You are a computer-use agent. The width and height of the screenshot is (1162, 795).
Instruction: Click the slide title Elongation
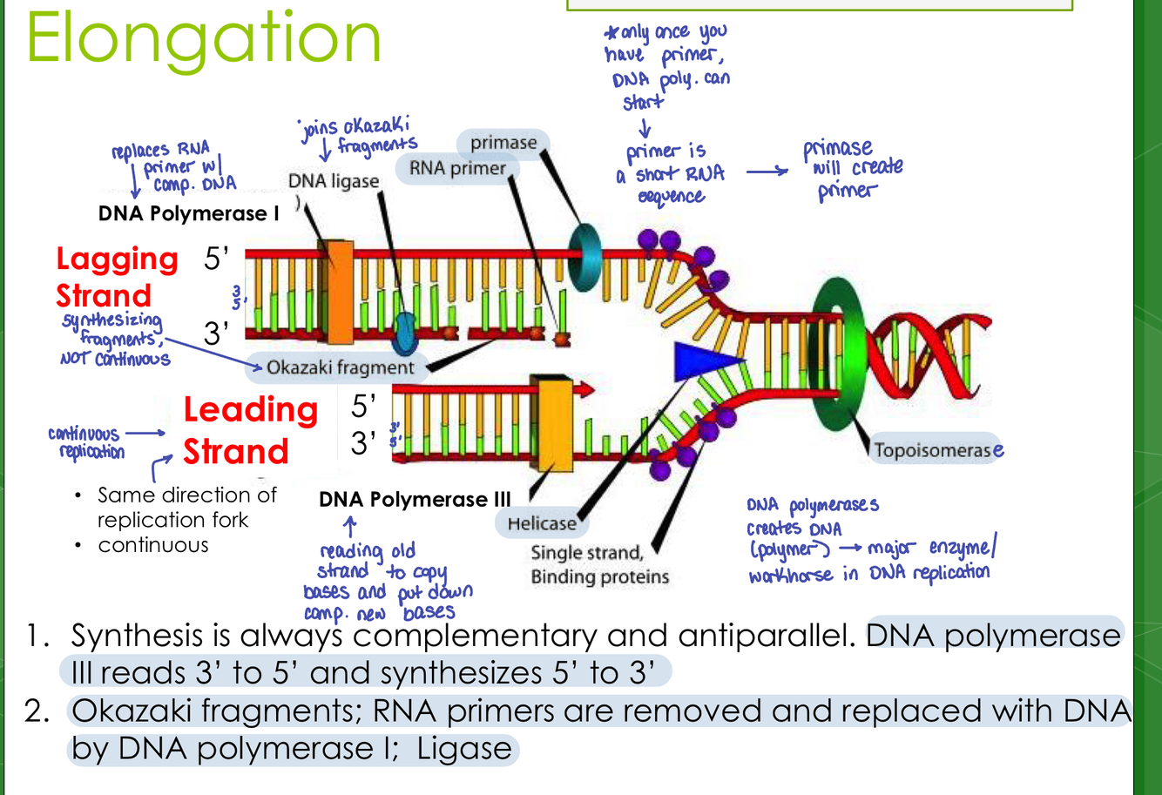(x=205, y=39)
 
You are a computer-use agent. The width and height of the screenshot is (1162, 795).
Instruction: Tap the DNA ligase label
(x=334, y=181)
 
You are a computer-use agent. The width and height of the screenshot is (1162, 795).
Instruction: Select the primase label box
(x=503, y=142)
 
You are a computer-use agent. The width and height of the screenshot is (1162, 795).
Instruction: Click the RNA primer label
(x=457, y=168)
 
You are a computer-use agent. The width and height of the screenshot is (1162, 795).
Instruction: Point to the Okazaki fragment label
(x=340, y=367)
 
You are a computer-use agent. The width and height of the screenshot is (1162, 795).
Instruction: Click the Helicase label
(x=542, y=523)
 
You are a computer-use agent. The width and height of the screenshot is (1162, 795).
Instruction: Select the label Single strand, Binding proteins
(x=599, y=565)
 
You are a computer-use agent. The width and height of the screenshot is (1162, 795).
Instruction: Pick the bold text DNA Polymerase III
(x=415, y=499)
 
